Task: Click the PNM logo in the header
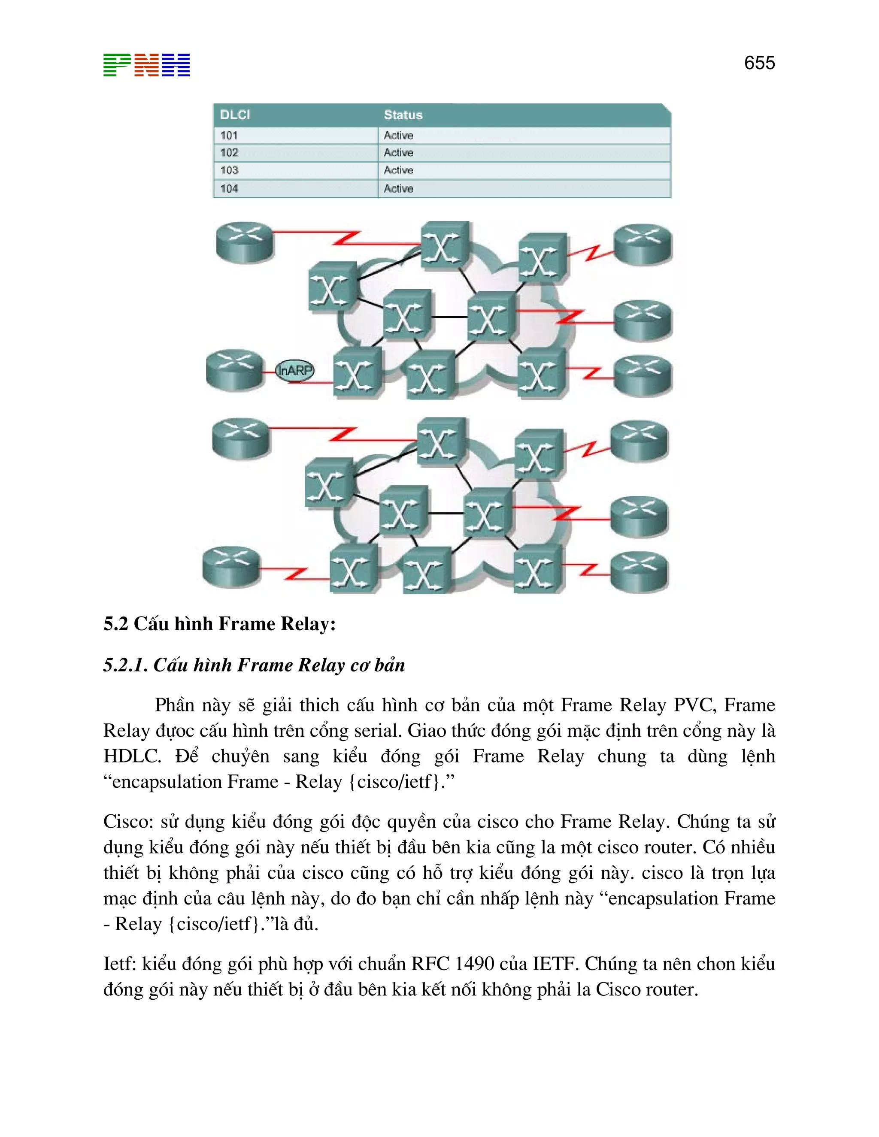click(146, 65)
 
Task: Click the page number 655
click(759, 63)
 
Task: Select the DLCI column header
click(235, 115)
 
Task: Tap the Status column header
click(403, 115)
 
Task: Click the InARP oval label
click(295, 370)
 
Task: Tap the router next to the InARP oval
click(235, 369)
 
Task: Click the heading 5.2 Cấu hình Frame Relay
click(219, 624)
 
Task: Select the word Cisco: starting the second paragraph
click(128, 822)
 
